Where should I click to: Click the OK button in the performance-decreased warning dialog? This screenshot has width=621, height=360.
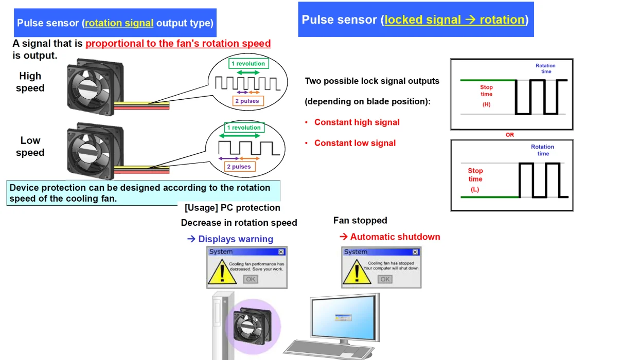(x=251, y=279)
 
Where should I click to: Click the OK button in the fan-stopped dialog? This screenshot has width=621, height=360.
(x=385, y=279)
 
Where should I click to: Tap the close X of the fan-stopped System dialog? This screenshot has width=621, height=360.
(x=415, y=252)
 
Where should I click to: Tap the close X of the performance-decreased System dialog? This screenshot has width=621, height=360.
(x=281, y=252)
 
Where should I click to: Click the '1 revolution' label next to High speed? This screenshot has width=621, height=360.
(x=248, y=64)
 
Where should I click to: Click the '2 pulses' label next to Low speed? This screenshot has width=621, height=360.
(x=239, y=167)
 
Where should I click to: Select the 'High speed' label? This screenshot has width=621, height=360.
(x=30, y=82)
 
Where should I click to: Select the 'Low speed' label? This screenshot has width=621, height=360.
(x=30, y=147)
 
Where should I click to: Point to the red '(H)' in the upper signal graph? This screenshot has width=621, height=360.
(x=486, y=104)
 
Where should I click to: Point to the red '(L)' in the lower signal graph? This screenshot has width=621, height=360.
(x=475, y=189)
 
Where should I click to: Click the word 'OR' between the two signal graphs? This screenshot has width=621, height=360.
(x=509, y=135)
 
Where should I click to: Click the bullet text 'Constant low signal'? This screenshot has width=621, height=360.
(x=355, y=143)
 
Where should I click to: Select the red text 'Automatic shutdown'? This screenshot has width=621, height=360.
(x=395, y=237)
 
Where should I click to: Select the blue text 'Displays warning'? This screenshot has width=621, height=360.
(x=235, y=239)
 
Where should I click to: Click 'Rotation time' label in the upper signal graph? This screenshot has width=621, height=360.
(x=545, y=68)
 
